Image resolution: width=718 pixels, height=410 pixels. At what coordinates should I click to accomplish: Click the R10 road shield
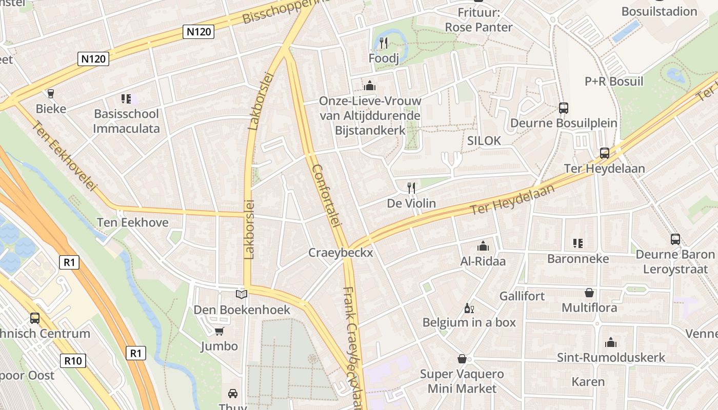click(72, 361)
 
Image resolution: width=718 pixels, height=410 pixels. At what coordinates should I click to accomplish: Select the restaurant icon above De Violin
click(411, 188)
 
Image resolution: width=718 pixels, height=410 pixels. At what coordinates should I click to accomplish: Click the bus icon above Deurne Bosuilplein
click(564, 108)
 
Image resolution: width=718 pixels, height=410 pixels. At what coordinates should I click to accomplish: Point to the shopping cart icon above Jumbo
click(219, 331)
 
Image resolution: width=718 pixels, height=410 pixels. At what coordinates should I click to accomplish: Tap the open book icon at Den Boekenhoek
click(241, 294)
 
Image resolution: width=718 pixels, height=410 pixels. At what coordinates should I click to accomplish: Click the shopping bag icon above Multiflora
click(589, 293)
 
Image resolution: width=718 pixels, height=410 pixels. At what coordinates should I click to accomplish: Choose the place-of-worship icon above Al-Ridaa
click(483, 246)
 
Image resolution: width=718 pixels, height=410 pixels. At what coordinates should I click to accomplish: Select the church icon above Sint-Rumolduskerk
click(611, 342)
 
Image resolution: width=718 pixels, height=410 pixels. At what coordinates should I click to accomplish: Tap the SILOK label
click(484, 140)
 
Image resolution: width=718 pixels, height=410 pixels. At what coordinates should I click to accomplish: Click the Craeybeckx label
click(341, 253)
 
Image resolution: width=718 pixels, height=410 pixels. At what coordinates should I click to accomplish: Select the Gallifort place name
click(522, 296)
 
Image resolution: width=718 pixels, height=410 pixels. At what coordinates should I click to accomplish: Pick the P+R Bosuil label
click(613, 81)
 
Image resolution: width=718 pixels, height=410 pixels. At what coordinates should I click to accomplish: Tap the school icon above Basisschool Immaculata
click(126, 98)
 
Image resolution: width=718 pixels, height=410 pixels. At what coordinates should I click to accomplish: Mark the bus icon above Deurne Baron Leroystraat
click(675, 239)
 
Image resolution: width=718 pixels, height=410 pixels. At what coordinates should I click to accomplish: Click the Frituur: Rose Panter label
click(478, 19)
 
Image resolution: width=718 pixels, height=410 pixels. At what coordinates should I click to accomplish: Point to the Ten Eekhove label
click(133, 222)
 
